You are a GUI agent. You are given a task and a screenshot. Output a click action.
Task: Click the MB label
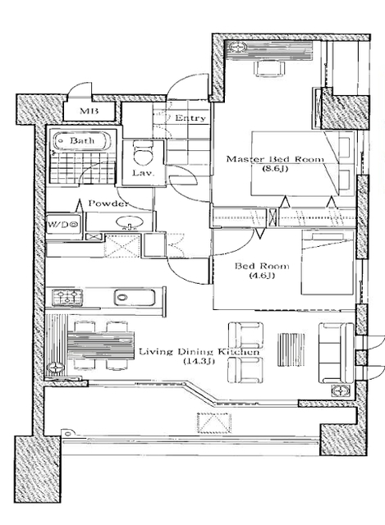click(x=89, y=112)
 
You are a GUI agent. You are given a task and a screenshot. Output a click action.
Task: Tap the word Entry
click(x=190, y=118)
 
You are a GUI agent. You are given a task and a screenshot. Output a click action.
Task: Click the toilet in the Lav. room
click(x=143, y=153)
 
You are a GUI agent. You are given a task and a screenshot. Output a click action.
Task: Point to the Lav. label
click(x=142, y=173)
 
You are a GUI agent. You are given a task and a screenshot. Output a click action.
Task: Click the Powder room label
click(x=108, y=203)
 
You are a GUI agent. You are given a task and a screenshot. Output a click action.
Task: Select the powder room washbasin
click(x=130, y=222)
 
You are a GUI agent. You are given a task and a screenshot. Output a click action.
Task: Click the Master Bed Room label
click(x=275, y=158)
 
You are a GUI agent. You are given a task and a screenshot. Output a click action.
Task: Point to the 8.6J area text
click(x=275, y=168)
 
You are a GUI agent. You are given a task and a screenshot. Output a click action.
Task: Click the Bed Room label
click(x=261, y=266)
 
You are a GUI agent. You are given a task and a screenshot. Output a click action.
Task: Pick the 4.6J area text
click(x=261, y=276)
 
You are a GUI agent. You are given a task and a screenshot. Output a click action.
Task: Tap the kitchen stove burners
click(x=67, y=297)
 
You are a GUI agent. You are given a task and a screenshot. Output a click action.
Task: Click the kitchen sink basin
click(x=135, y=297)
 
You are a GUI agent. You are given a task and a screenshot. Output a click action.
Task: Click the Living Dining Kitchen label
click(x=199, y=352)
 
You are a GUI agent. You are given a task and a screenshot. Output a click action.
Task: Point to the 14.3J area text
click(x=199, y=361)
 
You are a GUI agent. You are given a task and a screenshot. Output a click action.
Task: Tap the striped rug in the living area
click(x=291, y=349)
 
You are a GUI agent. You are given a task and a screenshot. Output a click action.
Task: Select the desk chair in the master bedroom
click(x=271, y=68)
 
